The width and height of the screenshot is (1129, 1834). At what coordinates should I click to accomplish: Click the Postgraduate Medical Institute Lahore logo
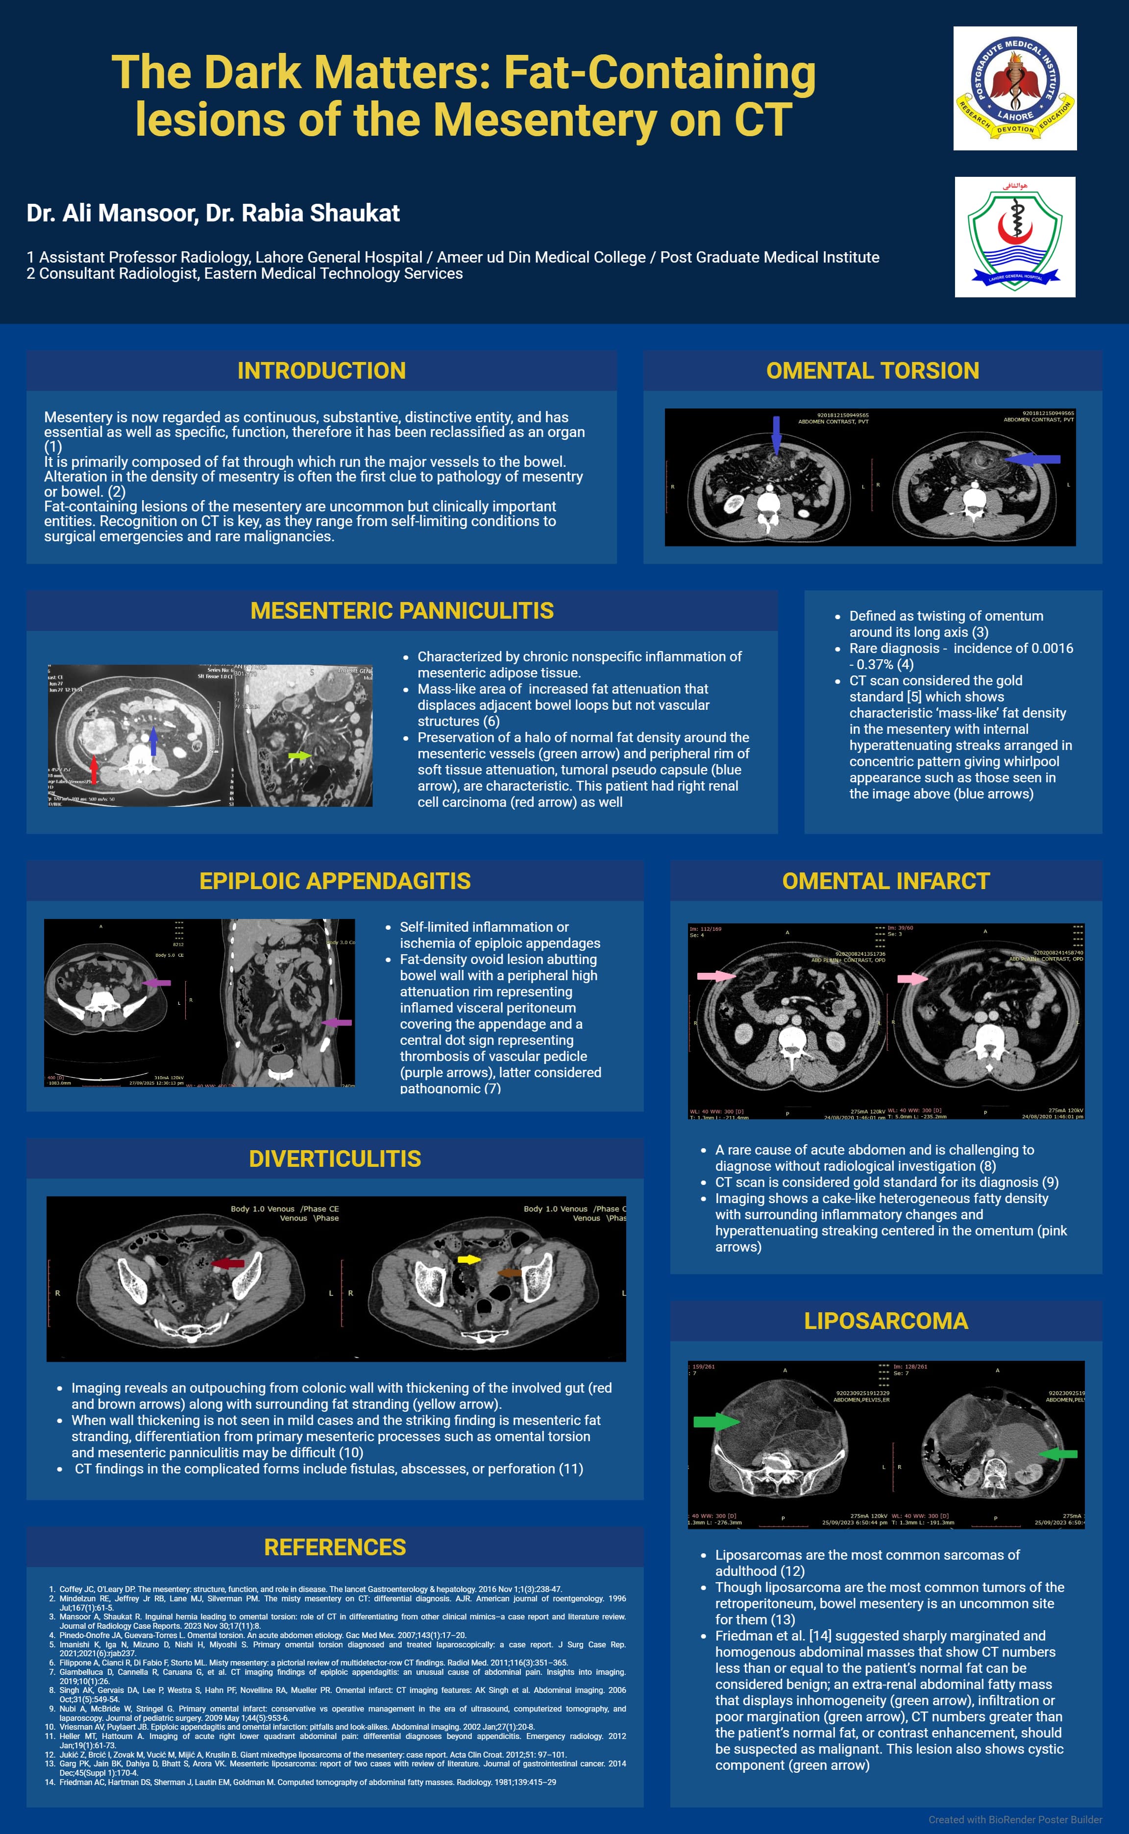[x=1015, y=88]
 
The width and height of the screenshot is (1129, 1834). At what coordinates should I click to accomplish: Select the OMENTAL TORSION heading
[x=872, y=370]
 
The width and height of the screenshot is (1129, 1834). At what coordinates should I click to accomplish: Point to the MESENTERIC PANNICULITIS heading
[x=402, y=610]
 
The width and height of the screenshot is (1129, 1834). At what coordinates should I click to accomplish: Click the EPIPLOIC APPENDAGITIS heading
[x=335, y=881]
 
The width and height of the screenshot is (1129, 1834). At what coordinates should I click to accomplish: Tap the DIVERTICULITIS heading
[x=335, y=1158]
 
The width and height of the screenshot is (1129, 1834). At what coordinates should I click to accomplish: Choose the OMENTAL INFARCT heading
[x=885, y=881]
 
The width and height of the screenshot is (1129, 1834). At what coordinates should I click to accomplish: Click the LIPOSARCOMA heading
[x=885, y=1321]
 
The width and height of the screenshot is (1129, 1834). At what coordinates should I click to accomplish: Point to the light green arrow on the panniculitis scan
[x=299, y=756]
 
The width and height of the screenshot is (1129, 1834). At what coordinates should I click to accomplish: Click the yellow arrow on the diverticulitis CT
[x=468, y=1259]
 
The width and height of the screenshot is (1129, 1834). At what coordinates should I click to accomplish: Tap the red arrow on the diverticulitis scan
[x=228, y=1263]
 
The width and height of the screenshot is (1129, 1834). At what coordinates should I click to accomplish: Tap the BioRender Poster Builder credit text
[x=1015, y=1819]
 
